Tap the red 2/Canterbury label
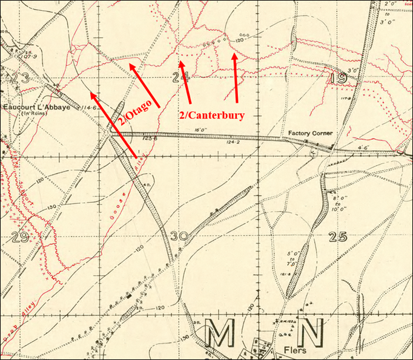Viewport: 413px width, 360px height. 211,115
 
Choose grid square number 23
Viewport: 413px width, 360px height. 20,77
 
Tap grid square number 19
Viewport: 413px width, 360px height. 337,78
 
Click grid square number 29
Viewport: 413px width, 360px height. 20,237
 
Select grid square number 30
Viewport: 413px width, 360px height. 180,237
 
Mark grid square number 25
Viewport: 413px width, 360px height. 338,237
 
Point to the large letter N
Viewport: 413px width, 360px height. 310,333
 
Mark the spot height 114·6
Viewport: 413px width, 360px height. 90,107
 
